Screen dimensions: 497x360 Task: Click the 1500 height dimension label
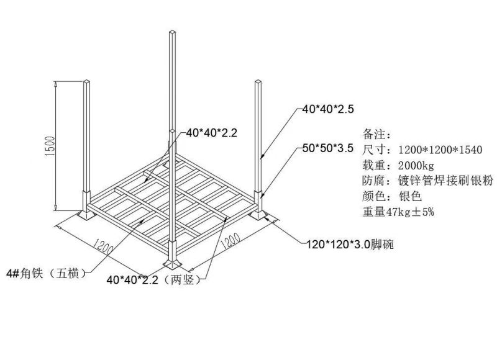click(x=50, y=146)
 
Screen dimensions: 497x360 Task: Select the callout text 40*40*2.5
click(x=328, y=109)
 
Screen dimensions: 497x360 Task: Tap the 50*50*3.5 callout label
click(x=328, y=148)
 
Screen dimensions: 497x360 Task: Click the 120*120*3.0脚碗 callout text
click(x=350, y=244)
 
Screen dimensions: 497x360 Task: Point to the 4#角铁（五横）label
click(x=47, y=273)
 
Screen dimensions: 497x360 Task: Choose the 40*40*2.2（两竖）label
click(x=154, y=279)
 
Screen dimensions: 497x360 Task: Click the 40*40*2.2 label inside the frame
click(x=211, y=133)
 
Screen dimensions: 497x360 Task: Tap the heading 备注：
click(x=377, y=134)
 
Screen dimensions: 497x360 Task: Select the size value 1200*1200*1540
click(x=440, y=150)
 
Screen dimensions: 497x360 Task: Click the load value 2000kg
click(x=416, y=165)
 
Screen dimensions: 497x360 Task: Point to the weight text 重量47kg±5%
click(x=398, y=212)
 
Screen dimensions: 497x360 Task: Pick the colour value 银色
click(x=410, y=196)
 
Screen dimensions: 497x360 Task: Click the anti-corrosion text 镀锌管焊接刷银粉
click(x=445, y=181)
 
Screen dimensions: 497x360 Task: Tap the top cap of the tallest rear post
click(x=172, y=32)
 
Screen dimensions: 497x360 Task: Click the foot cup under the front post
click(x=172, y=263)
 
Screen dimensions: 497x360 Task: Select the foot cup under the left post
click(x=86, y=215)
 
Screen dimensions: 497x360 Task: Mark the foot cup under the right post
click(x=258, y=215)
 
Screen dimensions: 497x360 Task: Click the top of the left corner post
click(x=86, y=82)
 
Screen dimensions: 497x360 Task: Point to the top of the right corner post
click(x=258, y=82)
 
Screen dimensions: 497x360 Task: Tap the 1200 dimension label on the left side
click(x=103, y=246)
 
